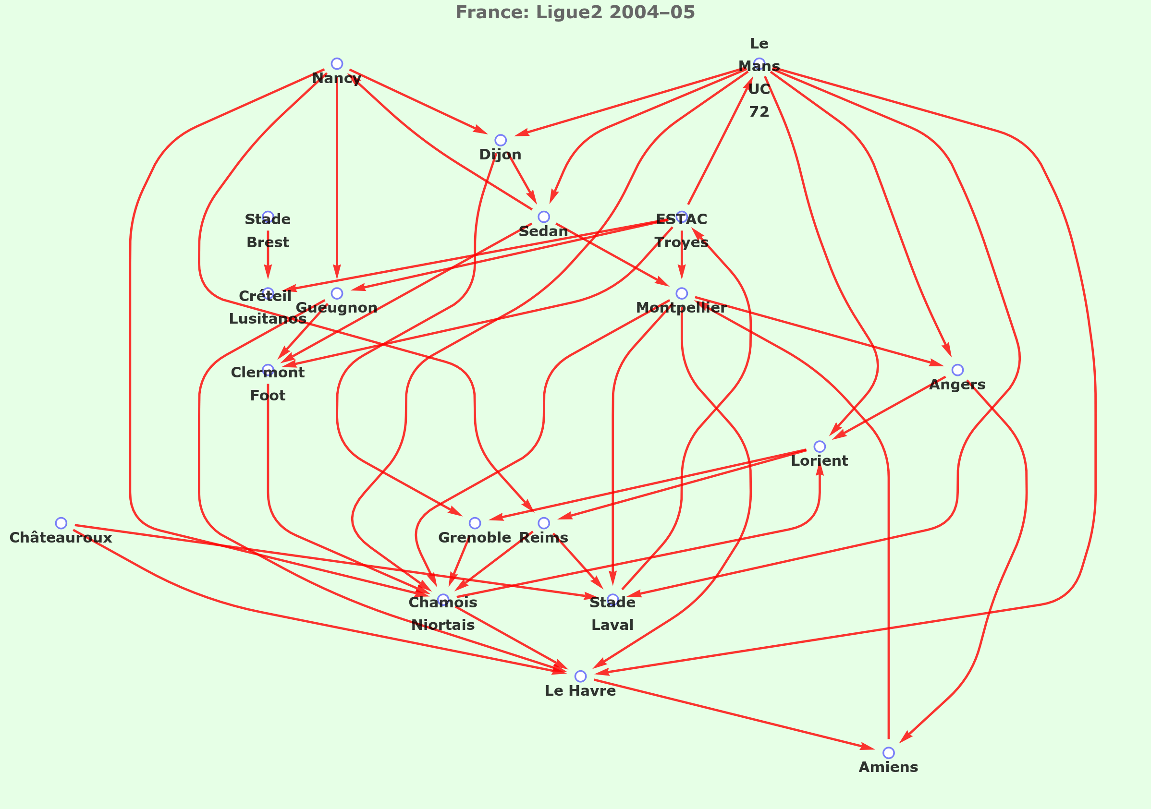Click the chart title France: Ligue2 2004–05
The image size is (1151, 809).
coord(575,12)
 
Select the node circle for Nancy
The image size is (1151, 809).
coord(337,64)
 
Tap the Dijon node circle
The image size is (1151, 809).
coord(500,140)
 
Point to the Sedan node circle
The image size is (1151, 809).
coord(544,217)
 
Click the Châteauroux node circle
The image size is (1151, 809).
coord(61,523)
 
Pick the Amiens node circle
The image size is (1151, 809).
coord(888,753)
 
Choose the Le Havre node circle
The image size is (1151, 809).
coord(580,676)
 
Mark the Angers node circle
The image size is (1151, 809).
coord(957,370)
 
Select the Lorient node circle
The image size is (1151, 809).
coord(820,447)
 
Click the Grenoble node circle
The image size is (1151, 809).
coord(475,523)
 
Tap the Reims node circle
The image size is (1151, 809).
coord(544,523)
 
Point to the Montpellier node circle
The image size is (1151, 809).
coord(682,293)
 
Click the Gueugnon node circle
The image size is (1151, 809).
coord(337,293)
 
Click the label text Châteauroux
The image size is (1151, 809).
coord(61,538)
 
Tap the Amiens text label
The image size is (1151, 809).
coord(888,767)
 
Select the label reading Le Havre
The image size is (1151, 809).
coord(580,691)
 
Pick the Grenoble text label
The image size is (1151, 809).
coord(475,538)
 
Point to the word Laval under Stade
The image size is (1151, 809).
coord(612,625)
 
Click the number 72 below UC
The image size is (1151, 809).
coord(759,112)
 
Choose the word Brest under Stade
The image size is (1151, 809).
coord(268,242)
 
